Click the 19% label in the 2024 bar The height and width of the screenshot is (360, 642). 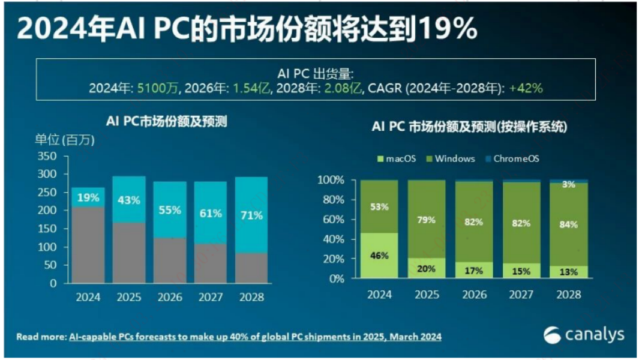coord(88,197)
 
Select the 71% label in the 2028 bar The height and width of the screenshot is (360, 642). coord(251,215)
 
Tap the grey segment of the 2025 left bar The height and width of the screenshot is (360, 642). coord(129,252)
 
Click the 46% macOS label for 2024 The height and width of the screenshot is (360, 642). coord(379,256)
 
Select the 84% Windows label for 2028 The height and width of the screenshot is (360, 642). coord(568,224)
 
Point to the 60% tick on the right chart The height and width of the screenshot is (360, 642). coord(331,220)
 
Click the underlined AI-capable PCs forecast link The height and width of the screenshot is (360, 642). coord(255,337)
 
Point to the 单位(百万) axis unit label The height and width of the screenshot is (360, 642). coord(64,140)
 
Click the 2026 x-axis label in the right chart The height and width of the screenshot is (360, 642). coord(474,295)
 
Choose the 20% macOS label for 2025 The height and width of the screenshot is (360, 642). coord(427,269)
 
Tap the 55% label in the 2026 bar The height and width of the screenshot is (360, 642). coord(170,211)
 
